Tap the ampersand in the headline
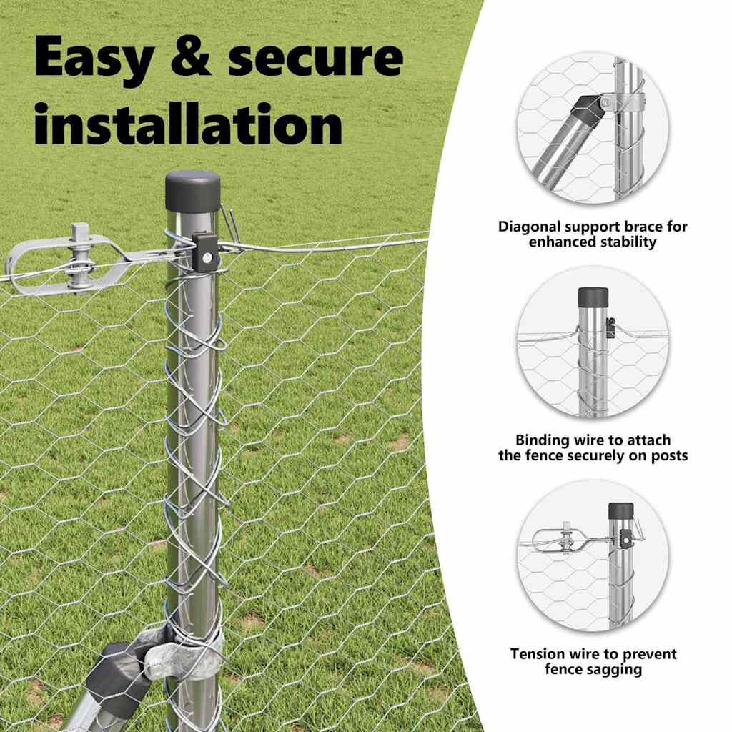pos(191,56)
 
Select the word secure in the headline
pos(315,58)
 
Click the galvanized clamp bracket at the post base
pos(184,652)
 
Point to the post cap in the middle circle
pos(593,297)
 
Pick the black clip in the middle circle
pos(610,327)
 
